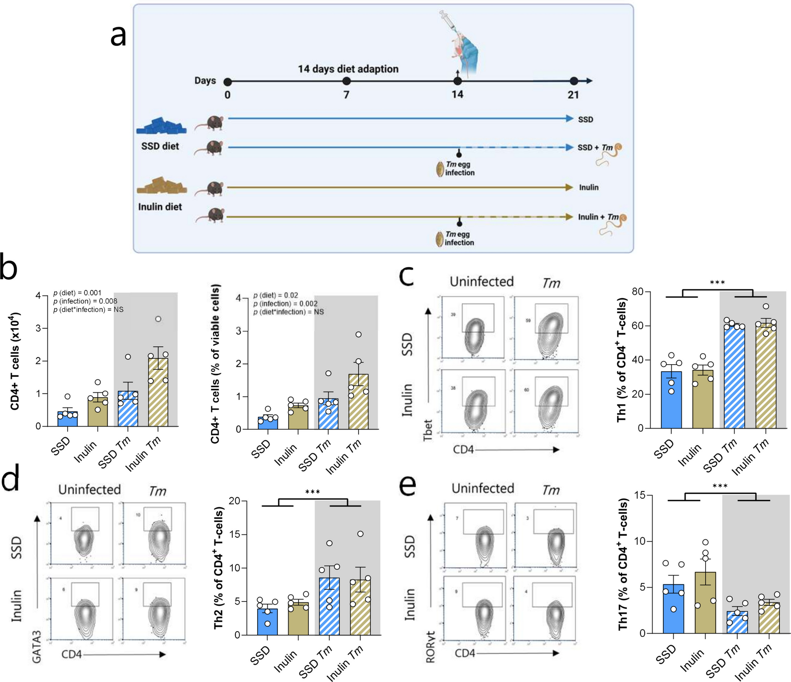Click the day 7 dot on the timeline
346,81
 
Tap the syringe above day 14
448,20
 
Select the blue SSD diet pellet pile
162,126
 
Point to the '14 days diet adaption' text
348,69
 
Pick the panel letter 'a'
118,36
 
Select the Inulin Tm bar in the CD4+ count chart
158,392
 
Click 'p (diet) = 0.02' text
275,295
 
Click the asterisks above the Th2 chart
312,492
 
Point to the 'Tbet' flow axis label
428,431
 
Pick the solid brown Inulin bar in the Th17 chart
705,602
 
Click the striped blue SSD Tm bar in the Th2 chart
329,606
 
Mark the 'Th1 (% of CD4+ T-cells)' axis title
622,360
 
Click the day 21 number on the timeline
573,95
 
